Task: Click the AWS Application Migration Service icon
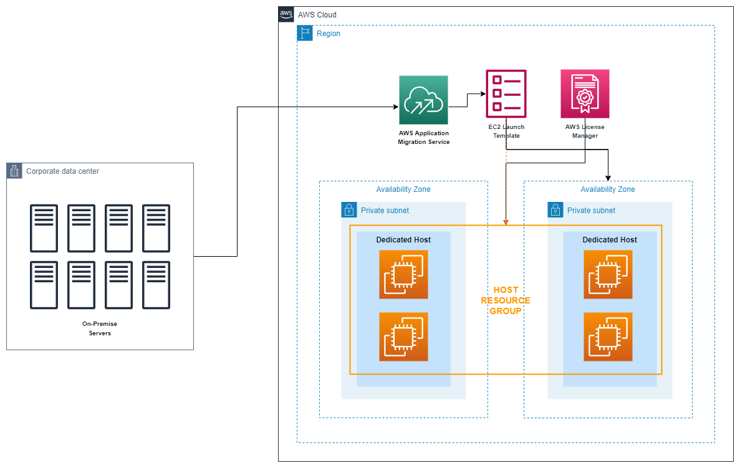click(423, 100)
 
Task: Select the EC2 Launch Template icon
click(506, 93)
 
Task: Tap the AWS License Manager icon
click(585, 93)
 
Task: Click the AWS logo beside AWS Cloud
click(286, 14)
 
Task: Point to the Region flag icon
click(305, 34)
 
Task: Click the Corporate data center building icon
click(14, 171)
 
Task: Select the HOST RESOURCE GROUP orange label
click(506, 300)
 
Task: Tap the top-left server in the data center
click(44, 219)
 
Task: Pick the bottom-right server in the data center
click(156, 285)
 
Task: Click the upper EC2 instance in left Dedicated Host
click(403, 274)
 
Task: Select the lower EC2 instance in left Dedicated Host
click(403, 337)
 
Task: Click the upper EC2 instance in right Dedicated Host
click(608, 274)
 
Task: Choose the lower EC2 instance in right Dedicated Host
click(608, 337)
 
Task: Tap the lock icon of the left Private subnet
click(348, 210)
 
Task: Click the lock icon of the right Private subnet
click(555, 210)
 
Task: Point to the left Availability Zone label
click(403, 189)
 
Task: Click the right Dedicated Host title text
click(609, 239)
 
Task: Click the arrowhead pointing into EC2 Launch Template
click(483, 94)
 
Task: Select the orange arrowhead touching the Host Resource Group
click(506, 221)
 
